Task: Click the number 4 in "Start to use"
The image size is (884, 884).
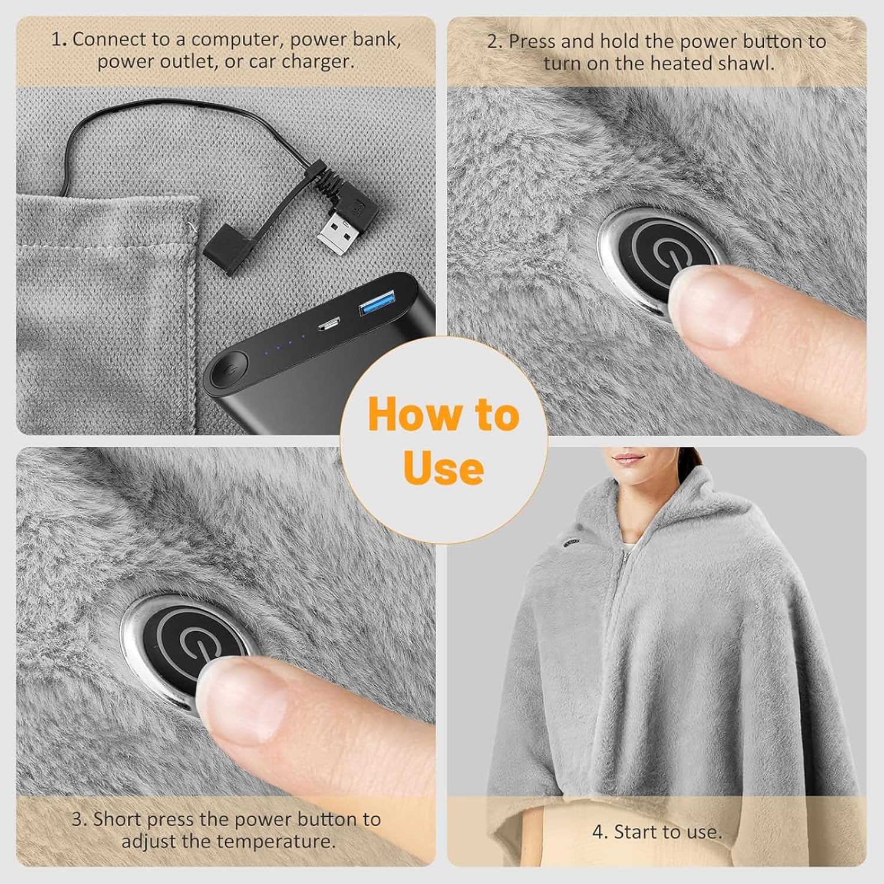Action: (x=599, y=832)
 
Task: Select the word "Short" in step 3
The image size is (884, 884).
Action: (x=117, y=819)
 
